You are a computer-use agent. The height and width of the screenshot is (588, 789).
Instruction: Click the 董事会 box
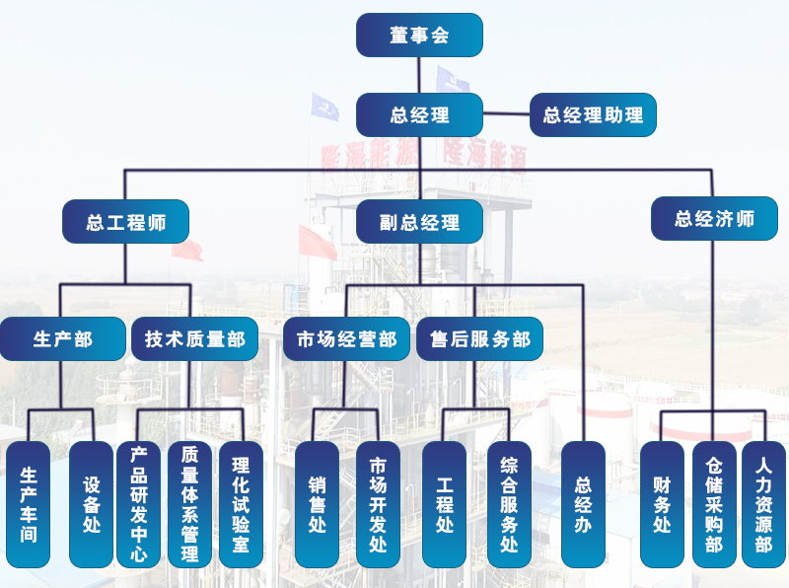[x=419, y=35]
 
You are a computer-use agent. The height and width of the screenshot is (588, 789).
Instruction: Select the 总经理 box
[x=419, y=114]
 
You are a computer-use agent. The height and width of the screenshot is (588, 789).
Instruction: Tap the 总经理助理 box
[x=593, y=114]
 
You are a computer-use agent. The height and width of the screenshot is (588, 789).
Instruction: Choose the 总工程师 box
[x=125, y=222]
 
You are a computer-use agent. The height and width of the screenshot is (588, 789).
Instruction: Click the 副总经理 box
[x=419, y=222]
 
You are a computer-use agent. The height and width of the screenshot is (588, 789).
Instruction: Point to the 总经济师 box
[x=714, y=218]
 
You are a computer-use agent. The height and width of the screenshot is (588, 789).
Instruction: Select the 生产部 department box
[x=63, y=338]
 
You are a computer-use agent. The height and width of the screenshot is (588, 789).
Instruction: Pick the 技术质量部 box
[x=195, y=338]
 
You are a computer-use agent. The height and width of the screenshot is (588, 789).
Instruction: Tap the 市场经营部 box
[x=346, y=338]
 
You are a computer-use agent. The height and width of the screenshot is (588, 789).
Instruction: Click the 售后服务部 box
[x=479, y=338]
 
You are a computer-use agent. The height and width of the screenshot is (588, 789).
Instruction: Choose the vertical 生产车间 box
[x=29, y=504]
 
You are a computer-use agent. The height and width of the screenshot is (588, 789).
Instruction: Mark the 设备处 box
[x=92, y=504]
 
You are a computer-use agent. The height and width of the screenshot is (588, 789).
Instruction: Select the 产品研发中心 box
[x=138, y=504]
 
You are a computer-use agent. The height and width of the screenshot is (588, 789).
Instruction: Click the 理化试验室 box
[x=241, y=504]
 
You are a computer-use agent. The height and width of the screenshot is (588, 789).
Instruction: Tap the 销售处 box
[x=317, y=504]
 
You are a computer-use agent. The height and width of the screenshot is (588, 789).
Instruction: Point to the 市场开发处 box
[x=378, y=504]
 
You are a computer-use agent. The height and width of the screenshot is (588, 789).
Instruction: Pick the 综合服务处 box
[x=509, y=504]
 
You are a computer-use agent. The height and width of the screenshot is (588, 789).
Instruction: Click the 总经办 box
[x=583, y=504]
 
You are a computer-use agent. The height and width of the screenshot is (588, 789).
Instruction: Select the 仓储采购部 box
[x=714, y=504]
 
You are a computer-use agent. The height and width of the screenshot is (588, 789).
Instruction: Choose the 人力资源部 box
[x=763, y=504]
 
